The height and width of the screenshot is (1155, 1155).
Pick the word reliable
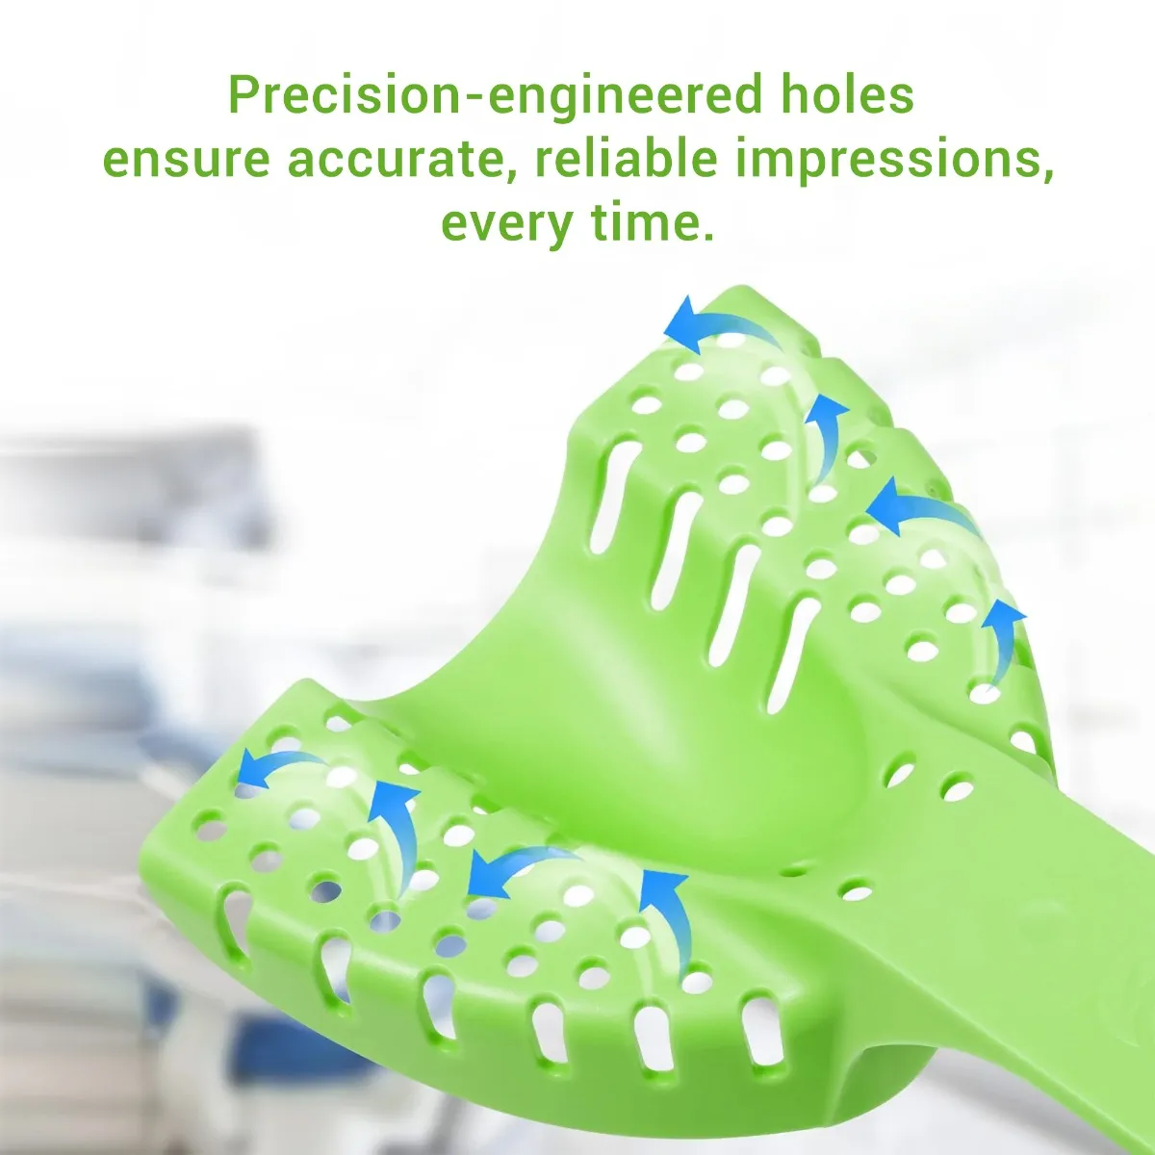626,158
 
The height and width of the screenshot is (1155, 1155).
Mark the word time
646,220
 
